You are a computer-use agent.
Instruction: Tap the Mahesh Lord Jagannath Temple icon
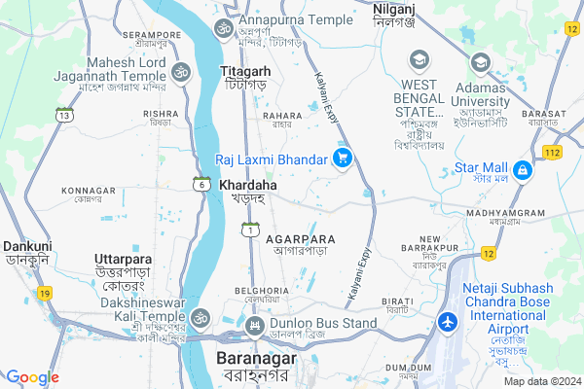coord(179,71)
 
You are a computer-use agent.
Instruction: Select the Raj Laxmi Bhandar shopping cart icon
coord(342,159)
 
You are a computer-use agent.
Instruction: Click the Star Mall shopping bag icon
coord(523,170)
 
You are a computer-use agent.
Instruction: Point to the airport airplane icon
coord(447,322)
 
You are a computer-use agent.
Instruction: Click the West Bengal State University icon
coord(419,60)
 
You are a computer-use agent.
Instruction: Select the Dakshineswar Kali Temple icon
coord(200,317)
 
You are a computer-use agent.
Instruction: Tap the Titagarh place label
coord(245,72)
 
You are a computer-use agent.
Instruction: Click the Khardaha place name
coord(247,184)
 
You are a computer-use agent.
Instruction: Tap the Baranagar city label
coord(250,359)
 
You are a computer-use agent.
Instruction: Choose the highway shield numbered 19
coord(46,293)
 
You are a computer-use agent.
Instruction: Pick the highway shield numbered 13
coord(64,115)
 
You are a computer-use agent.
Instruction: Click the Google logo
coord(33,377)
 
